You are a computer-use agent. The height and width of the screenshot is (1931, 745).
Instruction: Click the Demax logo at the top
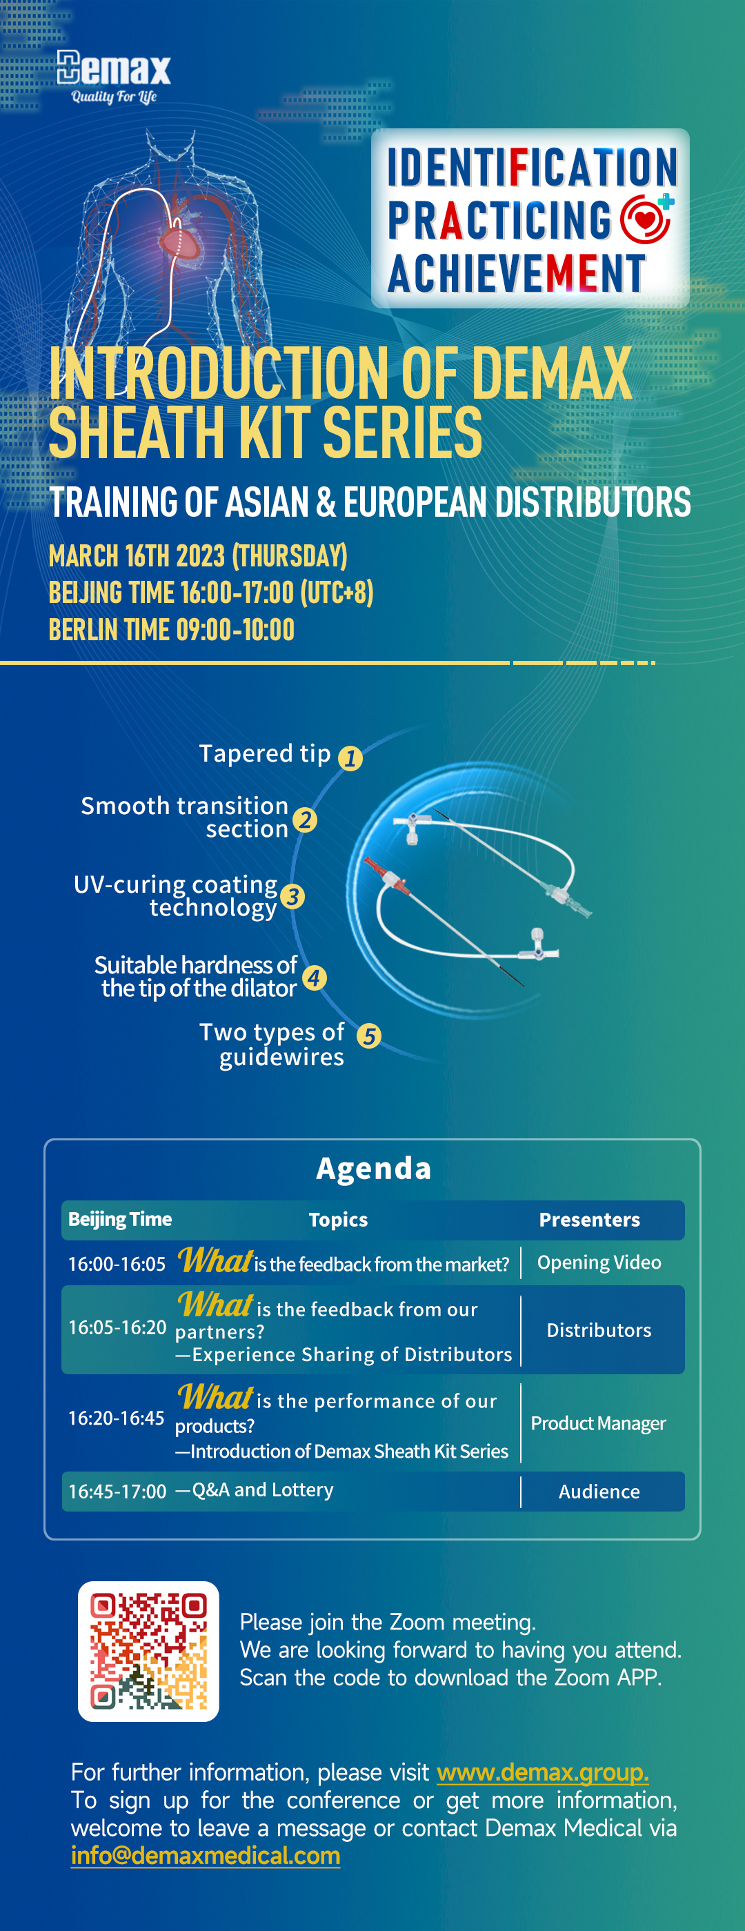pos(114,77)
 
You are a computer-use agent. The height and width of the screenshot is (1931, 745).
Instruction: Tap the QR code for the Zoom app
pos(148,1652)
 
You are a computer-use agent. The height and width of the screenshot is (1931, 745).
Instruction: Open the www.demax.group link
pos(543,1772)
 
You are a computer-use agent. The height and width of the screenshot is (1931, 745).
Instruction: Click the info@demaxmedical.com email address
pos(206,1855)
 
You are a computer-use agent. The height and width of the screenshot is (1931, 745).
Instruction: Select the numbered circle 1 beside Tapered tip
pos(350,758)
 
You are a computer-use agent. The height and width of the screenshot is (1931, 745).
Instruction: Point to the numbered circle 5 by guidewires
pos(369,1036)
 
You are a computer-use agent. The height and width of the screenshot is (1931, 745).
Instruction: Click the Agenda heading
pos(373,1168)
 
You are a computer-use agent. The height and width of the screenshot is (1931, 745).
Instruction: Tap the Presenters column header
pos(589,1220)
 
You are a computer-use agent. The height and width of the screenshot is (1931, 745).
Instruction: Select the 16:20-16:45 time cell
pos(116,1418)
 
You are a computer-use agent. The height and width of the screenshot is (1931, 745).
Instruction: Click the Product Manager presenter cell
pos(598,1423)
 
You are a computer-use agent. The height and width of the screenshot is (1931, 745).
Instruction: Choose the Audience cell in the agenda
pos(599,1492)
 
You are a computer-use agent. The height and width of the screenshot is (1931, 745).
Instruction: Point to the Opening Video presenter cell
pos(599,1262)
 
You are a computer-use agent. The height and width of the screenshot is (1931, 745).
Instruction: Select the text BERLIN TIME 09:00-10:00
pos(172,630)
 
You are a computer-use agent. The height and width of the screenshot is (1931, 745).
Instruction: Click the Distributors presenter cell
pos(599,1330)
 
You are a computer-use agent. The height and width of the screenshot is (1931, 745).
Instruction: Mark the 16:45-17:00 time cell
pos(117,1491)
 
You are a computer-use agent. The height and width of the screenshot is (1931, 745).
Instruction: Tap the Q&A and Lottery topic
pos(255,1489)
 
